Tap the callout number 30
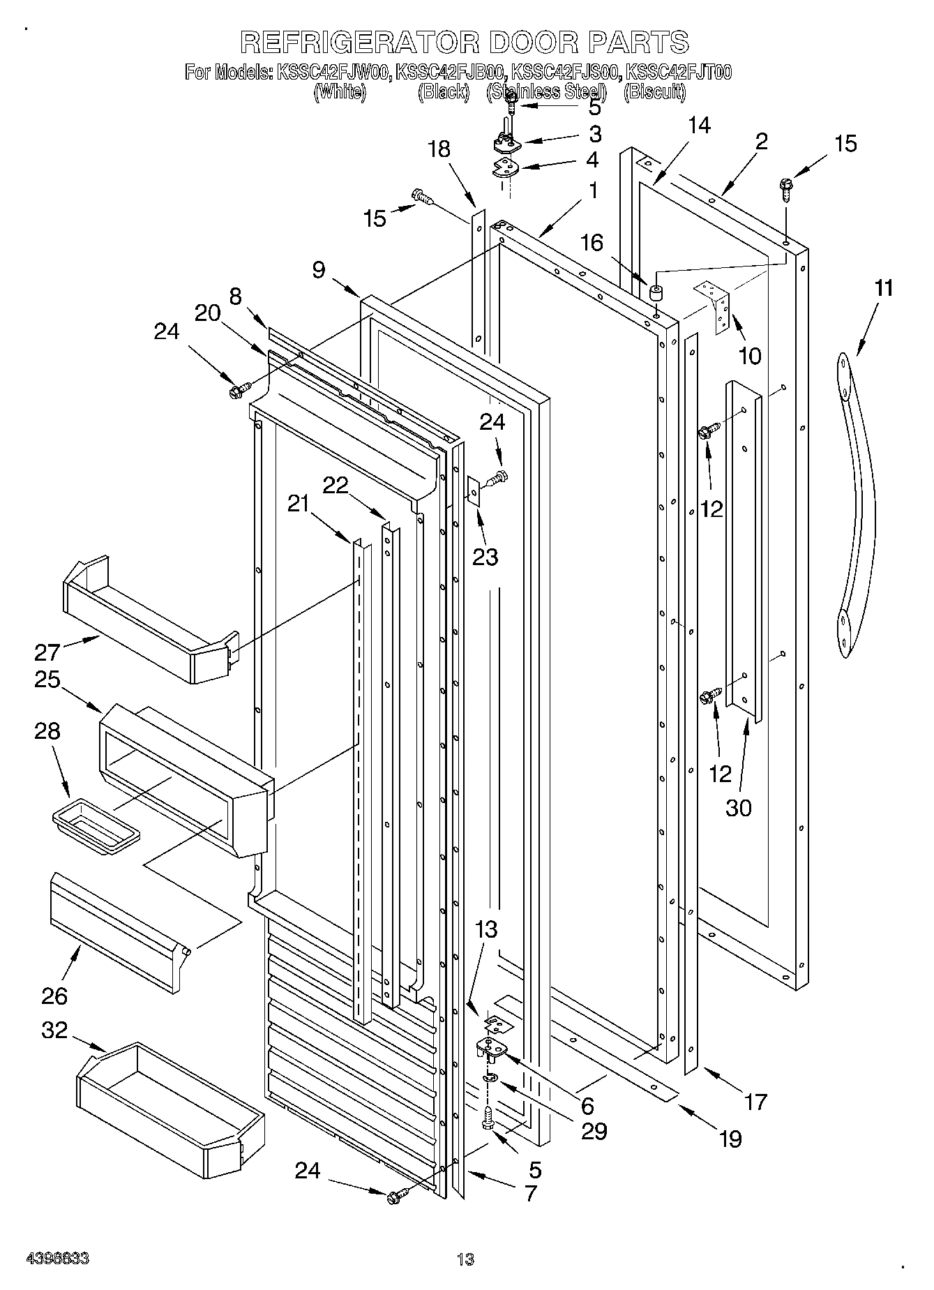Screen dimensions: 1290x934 pos(739,807)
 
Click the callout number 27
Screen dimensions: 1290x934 pos(47,652)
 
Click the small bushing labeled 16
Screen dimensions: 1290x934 pos(656,292)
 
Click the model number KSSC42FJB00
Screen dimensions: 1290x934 pos(451,72)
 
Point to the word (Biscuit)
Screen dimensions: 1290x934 pos(654,91)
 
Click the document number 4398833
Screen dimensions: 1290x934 pos(57,1259)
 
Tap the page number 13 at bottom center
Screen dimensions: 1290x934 pos(465,1259)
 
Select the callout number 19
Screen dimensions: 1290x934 pos(730,1139)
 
